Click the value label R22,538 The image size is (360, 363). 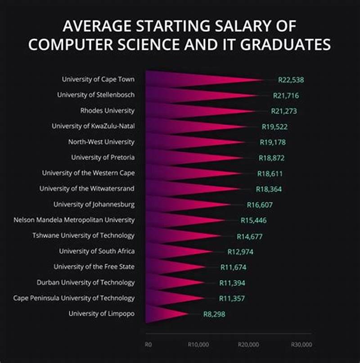tap(291, 80)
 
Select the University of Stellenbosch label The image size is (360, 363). tap(96, 95)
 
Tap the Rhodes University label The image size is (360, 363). tap(108, 111)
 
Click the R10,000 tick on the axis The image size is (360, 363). tap(198, 344)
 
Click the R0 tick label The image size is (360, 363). tap(148, 344)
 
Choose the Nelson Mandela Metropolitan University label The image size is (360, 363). tap(74, 220)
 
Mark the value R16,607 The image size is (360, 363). tap(260, 205)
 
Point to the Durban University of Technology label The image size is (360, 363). tap(85, 283)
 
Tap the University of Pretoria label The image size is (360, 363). tap(103, 158)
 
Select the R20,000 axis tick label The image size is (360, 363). tap(248, 344)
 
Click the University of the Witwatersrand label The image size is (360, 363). tap(87, 189)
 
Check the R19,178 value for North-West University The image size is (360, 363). tap(273, 142)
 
